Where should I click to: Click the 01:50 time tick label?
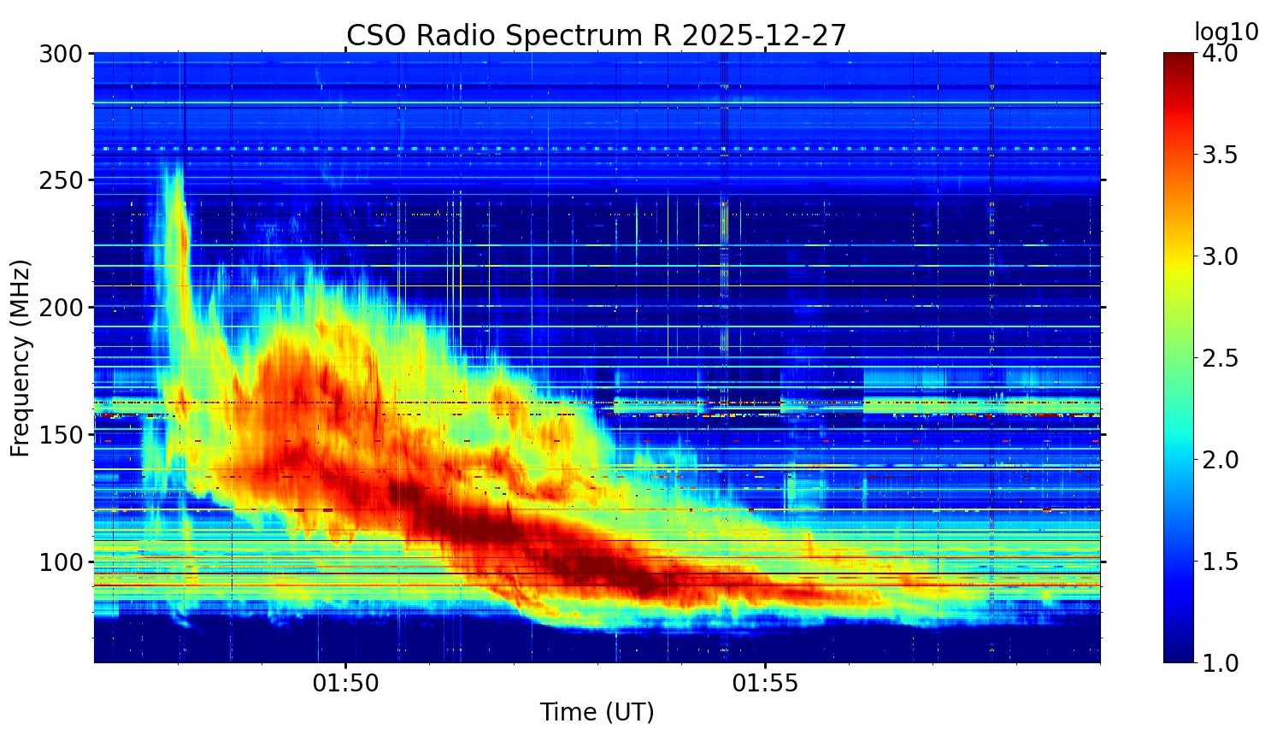(x=345, y=684)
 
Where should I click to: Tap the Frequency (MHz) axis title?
(x=21, y=357)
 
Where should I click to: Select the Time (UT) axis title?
(x=597, y=712)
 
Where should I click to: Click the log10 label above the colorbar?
(x=1226, y=32)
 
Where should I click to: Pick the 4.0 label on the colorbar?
(x=1220, y=54)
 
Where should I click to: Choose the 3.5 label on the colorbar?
(x=1220, y=156)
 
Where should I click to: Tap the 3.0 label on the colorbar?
(x=1220, y=256)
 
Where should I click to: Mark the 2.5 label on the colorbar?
(x=1220, y=358)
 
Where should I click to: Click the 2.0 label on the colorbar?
(x=1220, y=460)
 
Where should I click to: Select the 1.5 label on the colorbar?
(x=1220, y=562)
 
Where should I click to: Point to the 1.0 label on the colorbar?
(x=1220, y=663)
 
